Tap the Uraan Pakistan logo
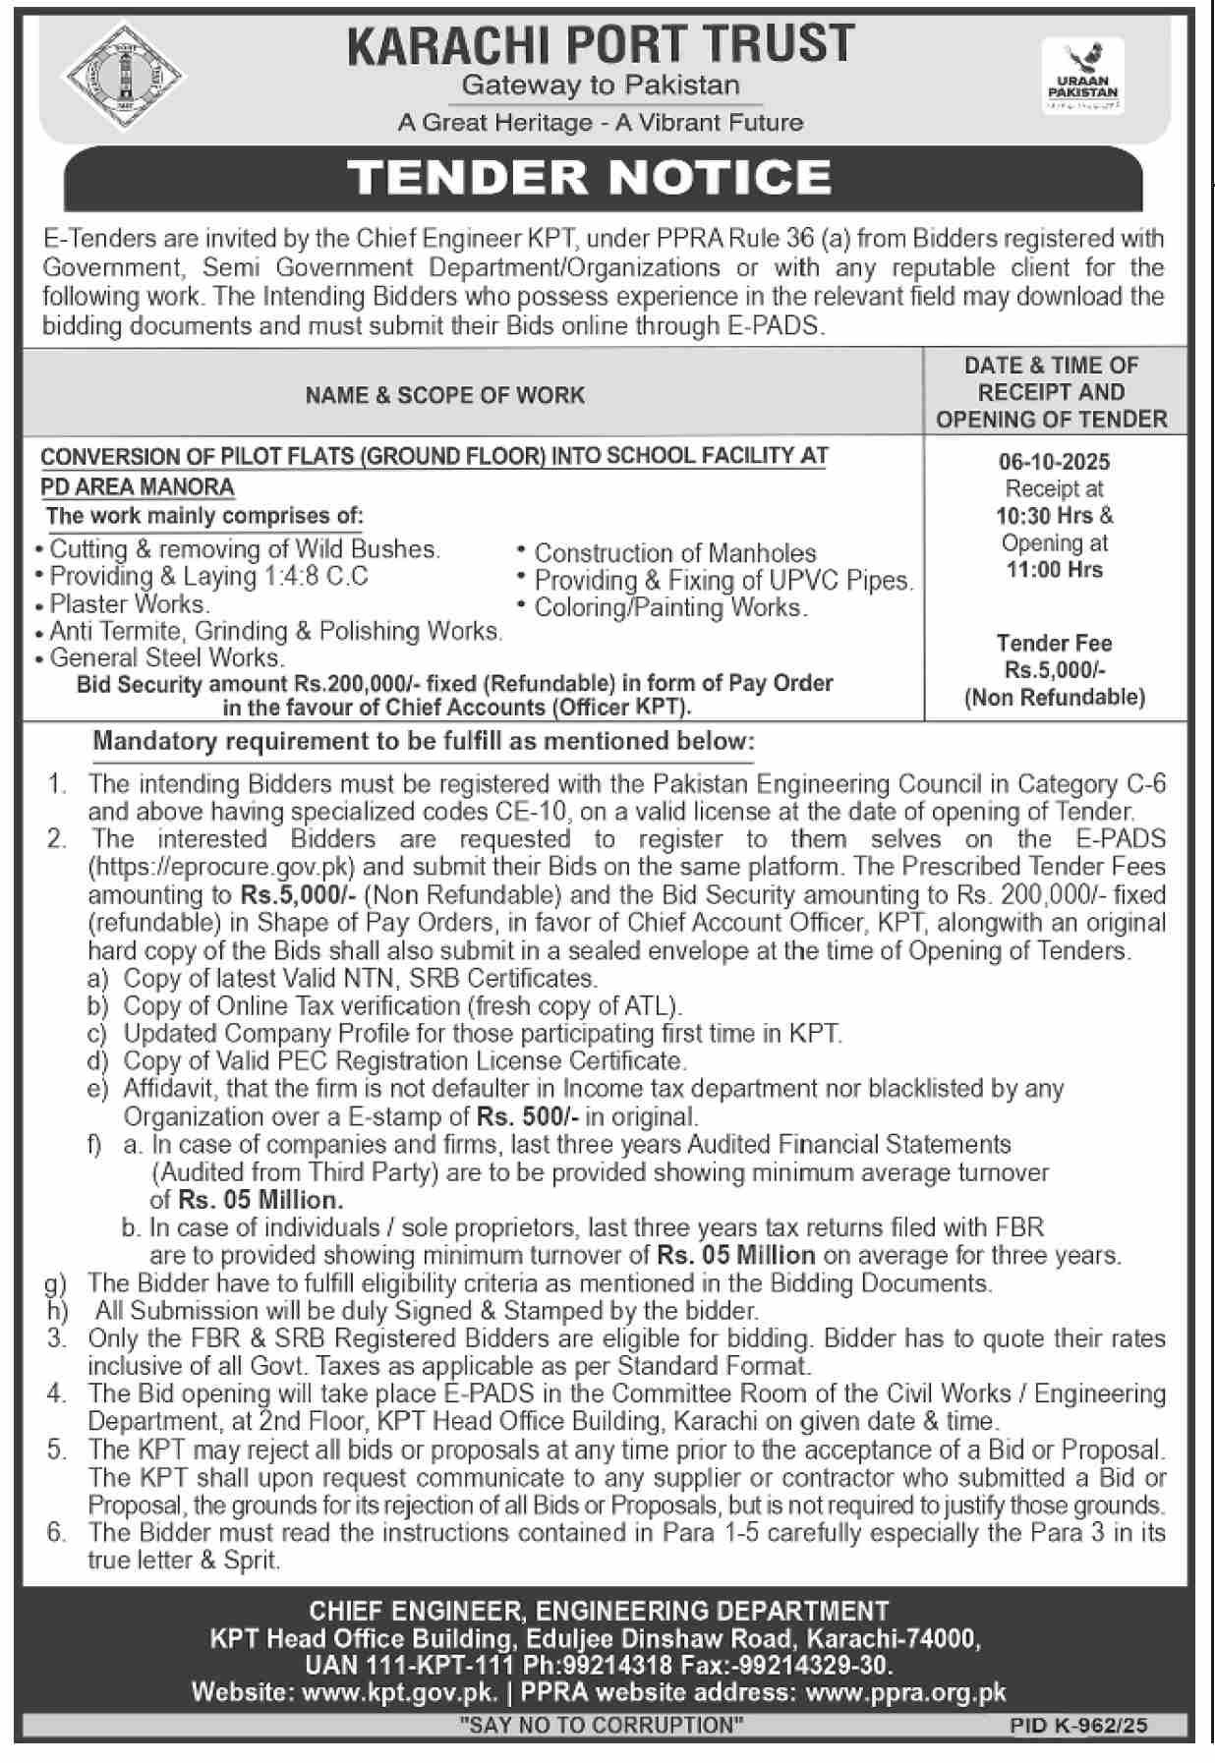pyautogui.click(x=1082, y=76)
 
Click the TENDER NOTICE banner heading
pyautogui.click(x=590, y=177)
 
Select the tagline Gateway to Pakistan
pyautogui.click(x=601, y=85)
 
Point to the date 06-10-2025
pyautogui.click(x=1054, y=462)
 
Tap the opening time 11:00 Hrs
pyautogui.click(x=1054, y=570)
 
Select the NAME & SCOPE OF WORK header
pyautogui.click(x=444, y=395)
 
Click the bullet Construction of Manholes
pyautogui.click(x=675, y=553)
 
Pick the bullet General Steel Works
pyautogui.click(x=167, y=657)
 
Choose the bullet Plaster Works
pyautogui.click(x=130, y=603)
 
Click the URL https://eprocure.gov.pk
pyautogui.click(x=222, y=867)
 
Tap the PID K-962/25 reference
pyautogui.click(x=1078, y=1725)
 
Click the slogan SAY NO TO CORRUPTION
pyautogui.click(x=602, y=1725)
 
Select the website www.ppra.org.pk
pyautogui.click(x=905, y=1692)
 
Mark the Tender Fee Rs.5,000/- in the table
pyautogui.click(x=1054, y=670)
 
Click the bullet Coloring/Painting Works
pyautogui.click(x=671, y=607)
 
